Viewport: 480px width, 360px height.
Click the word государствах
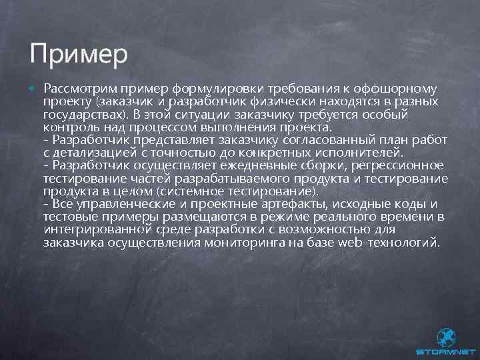[x=87, y=114]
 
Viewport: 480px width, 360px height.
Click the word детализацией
[x=107, y=153]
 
